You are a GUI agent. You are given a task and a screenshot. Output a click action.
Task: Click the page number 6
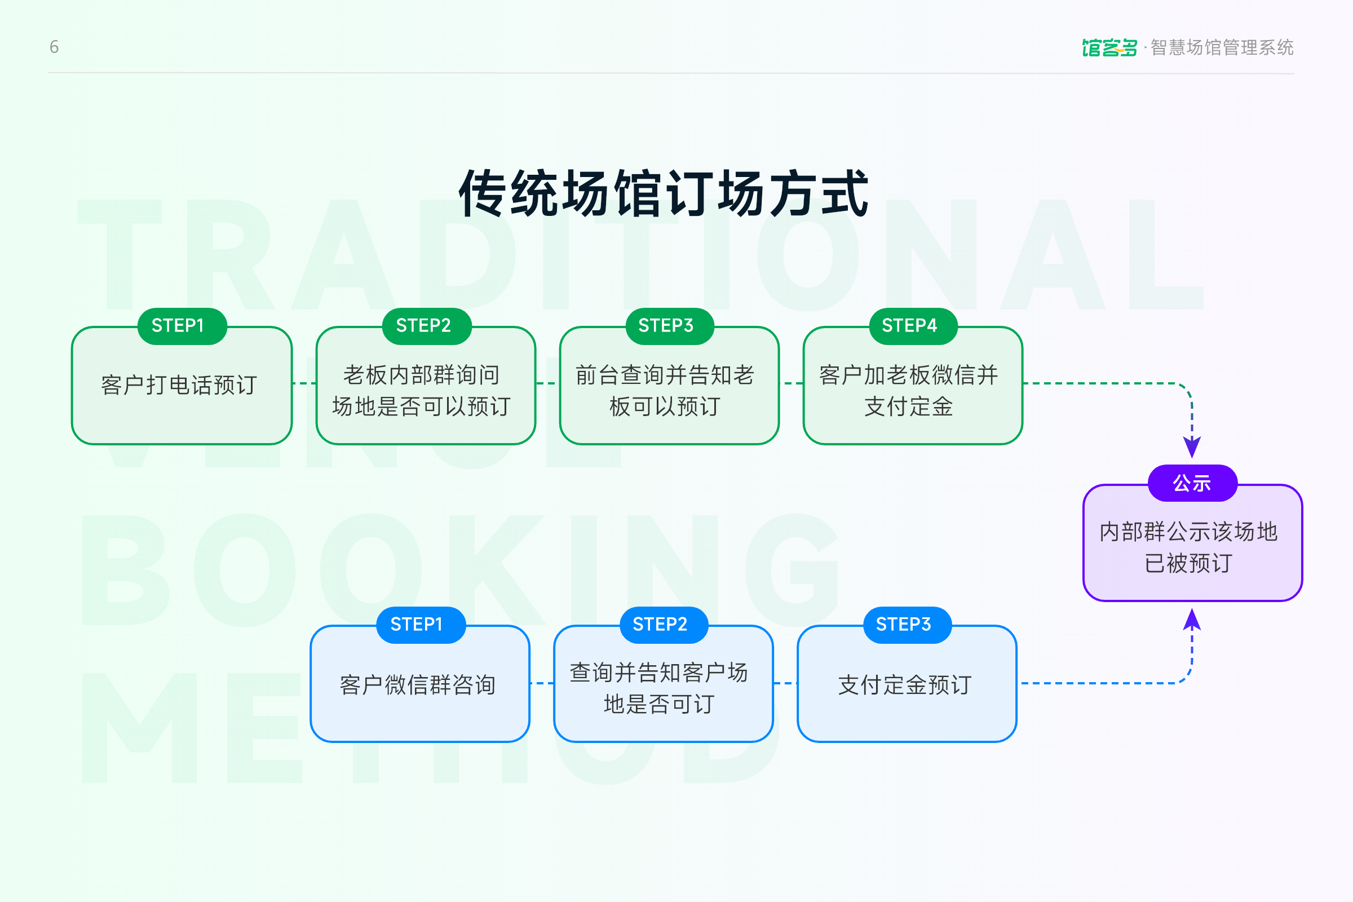(x=54, y=47)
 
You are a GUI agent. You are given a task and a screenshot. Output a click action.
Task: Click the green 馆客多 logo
(x=1109, y=47)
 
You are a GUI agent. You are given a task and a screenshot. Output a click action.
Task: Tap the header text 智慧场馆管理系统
(x=1222, y=47)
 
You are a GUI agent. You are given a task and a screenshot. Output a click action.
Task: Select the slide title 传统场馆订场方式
(x=664, y=193)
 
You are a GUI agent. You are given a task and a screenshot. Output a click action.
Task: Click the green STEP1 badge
(x=178, y=326)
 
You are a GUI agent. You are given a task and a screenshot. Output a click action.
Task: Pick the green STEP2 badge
(x=424, y=326)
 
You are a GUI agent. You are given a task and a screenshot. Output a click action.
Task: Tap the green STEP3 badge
(x=666, y=326)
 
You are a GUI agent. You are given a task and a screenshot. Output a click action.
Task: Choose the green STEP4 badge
(x=909, y=326)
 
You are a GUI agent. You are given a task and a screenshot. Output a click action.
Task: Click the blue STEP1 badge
(x=417, y=624)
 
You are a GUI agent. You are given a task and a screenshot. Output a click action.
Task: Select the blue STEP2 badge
(x=660, y=624)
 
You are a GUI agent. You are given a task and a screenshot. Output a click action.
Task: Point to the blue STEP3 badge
(x=904, y=624)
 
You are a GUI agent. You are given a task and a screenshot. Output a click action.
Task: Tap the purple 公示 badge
(x=1192, y=483)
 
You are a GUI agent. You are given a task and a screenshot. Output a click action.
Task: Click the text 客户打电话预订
(x=179, y=385)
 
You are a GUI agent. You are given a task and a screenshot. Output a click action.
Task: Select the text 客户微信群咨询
(x=418, y=685)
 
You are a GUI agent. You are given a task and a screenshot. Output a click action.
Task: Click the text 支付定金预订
(x=905, y=685)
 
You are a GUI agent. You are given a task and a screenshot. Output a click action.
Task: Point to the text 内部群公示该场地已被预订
(x=1188, y=547)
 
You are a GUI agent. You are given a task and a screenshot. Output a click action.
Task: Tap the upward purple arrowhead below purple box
(x=1192, y=620)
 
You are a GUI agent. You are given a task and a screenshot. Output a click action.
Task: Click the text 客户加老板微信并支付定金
(x=909, y=391)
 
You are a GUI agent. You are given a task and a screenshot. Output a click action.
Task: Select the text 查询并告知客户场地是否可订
(x=659, y=688)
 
